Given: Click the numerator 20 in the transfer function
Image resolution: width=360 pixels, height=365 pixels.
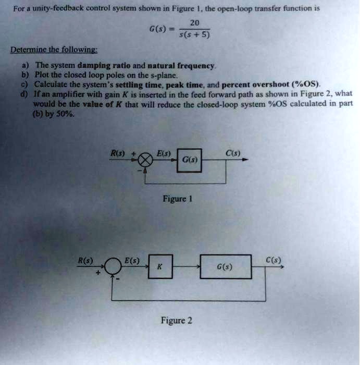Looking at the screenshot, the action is [195, 23].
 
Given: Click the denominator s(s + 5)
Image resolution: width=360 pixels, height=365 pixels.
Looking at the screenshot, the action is [195, 35].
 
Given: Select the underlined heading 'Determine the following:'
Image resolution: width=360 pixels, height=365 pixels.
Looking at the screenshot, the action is [54, 50].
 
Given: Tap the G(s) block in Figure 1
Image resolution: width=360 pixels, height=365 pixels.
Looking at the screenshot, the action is [189, 161].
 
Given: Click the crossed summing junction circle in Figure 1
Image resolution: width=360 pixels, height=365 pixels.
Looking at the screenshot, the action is [145, 160].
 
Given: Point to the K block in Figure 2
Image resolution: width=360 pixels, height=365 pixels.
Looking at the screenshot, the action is [160, 266].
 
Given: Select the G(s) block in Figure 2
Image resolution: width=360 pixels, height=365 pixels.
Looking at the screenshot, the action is [226, 266].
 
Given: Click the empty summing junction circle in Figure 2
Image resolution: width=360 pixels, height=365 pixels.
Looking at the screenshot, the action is [113, 266].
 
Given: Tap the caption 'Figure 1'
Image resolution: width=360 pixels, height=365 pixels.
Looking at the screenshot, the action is [178, 199].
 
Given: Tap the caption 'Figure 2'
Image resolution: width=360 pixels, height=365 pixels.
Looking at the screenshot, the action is [177, 321].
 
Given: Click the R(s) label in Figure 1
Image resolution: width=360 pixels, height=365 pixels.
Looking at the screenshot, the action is [117, 153].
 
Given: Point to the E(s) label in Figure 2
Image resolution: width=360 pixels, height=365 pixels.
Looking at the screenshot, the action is [132, 260].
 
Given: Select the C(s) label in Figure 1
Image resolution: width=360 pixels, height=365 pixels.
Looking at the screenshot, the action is [233, 153].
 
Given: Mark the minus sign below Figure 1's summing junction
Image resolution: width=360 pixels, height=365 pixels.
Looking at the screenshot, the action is [140, 171].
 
